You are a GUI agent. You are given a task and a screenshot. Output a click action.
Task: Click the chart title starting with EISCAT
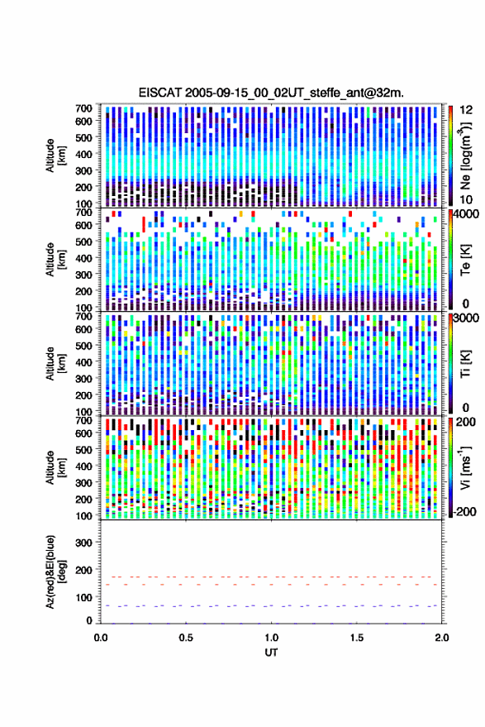[x=271, y=93]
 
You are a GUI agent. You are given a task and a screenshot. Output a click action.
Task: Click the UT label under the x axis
[x=272, y=653]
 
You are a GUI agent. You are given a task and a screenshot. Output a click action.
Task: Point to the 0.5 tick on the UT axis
[x=186, y=638]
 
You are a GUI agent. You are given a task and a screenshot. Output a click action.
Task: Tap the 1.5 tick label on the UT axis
[x=357, y=638]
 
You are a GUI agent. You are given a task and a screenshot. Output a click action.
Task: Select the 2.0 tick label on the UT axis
[x=442, y=638]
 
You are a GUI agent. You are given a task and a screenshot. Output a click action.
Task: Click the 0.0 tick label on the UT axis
[x=101, y=638]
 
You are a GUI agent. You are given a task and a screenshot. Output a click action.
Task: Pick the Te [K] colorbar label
[x=465, y=260]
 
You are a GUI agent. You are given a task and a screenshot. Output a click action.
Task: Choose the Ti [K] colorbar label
[x=465, y=364]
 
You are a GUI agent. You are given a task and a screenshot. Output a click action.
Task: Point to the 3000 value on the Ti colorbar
[x=467, y=318]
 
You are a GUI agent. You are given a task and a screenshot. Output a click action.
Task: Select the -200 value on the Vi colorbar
[x=465, y=512]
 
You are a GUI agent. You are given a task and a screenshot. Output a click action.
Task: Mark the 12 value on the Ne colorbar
[x=467, y=110]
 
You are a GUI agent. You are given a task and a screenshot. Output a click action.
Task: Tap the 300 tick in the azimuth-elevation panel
[x=83, y=543]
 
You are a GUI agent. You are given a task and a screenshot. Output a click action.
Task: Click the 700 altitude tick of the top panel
[x=83, y=108]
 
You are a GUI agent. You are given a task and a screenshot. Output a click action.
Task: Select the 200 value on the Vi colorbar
[x=465, y=423]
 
